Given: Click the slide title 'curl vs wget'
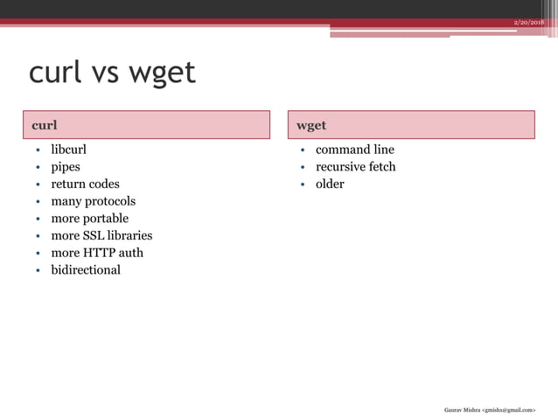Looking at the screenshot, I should coord(112,73).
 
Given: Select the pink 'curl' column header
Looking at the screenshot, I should coord(146,125).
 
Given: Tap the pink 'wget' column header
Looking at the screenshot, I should coord(410,125).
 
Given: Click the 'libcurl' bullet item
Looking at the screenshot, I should coord(68,150).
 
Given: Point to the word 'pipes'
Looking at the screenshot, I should coord(65,167).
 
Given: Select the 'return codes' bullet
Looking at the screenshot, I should coord(85,184).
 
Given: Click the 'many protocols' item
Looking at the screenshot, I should coord(93,201).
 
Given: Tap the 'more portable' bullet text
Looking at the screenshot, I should coord(89,219).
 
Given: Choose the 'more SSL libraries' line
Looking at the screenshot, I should coord(101,235).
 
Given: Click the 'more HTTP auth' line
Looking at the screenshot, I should coord(97,253).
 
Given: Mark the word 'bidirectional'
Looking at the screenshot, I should coord(86,269).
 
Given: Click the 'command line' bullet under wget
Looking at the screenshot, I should coord(354,150).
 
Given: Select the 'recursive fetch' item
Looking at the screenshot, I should coord(355,167).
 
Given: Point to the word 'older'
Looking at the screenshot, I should coord(330,184).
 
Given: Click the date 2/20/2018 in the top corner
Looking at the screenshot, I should coord(528,21).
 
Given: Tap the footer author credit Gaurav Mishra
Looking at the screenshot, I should coord(489,408).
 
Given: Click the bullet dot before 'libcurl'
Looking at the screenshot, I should coord(38,150).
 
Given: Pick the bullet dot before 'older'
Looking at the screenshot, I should coord(303,185).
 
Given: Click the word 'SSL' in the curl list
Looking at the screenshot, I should coord(94,235).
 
